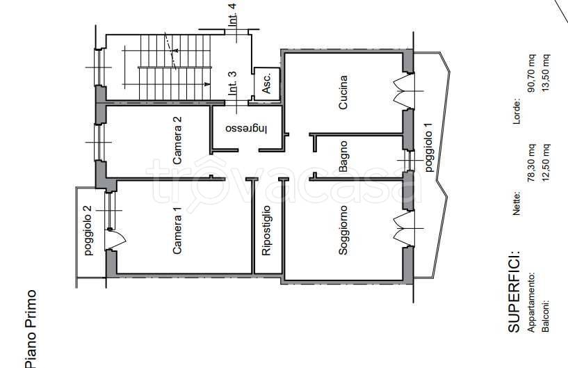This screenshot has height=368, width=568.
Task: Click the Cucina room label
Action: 343,92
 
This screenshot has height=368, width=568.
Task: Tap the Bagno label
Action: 343,157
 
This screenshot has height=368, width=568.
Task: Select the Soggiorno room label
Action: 343,230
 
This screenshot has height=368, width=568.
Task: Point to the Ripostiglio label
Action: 266,230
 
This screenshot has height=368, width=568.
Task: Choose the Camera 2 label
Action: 177,141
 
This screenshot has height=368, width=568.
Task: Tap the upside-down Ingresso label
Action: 246,129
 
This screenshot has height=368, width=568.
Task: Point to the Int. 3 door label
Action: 232,83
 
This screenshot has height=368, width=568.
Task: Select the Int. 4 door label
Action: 232,15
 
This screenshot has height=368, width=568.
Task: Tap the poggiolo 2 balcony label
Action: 88,230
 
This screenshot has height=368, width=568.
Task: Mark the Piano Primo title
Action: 32,328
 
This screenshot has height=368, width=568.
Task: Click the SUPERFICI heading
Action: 514,291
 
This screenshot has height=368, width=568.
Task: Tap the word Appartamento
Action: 532,302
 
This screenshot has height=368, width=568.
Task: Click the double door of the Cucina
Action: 403,90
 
